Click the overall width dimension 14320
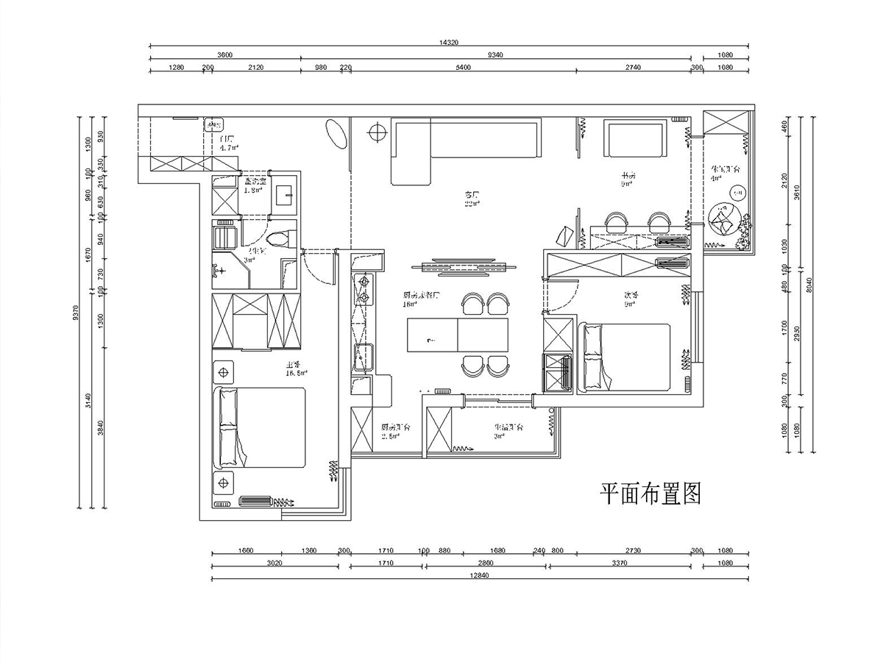(x=448, y=43)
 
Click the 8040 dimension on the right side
(x=810, y=282)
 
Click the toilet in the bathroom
(x=280, y=238)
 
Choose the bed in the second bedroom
(x=626, y=357)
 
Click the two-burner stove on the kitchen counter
(x=363, y=289)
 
